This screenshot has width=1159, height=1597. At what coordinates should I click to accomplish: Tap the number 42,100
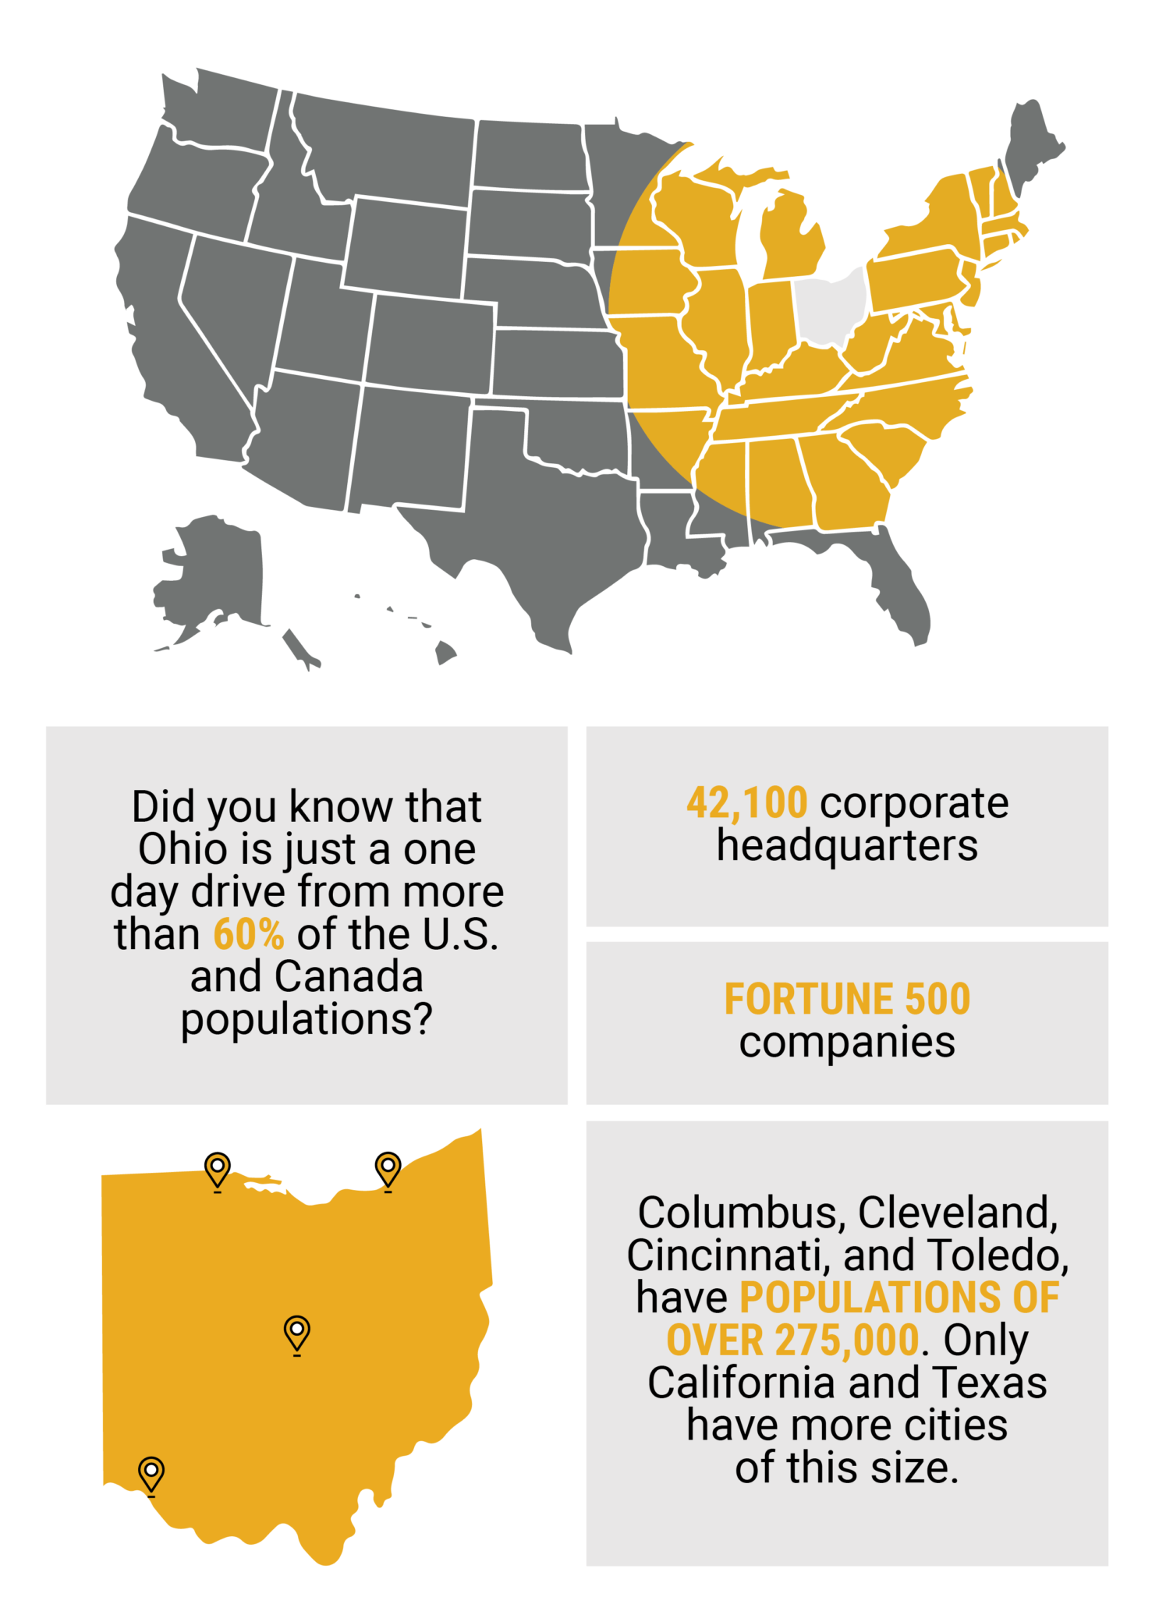(x=746, y=803)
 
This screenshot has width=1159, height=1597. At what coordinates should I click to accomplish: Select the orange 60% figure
(x=248, y=934)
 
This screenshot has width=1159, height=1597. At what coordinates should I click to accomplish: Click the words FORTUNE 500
(x=847, y=999)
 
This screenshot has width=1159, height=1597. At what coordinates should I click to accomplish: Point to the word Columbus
(x=737, y=1213)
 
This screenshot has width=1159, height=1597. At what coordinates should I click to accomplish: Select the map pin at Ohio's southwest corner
(x=151, y=1472)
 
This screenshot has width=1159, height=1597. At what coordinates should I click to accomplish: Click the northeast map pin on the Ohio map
(x=388, y=1169)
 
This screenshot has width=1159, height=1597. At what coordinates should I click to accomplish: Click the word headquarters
(x=847, y=845)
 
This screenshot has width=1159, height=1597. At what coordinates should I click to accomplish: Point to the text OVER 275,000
(x=792, y=1340)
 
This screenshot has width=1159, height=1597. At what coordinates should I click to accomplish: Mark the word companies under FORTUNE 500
(x=847, y=1042)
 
